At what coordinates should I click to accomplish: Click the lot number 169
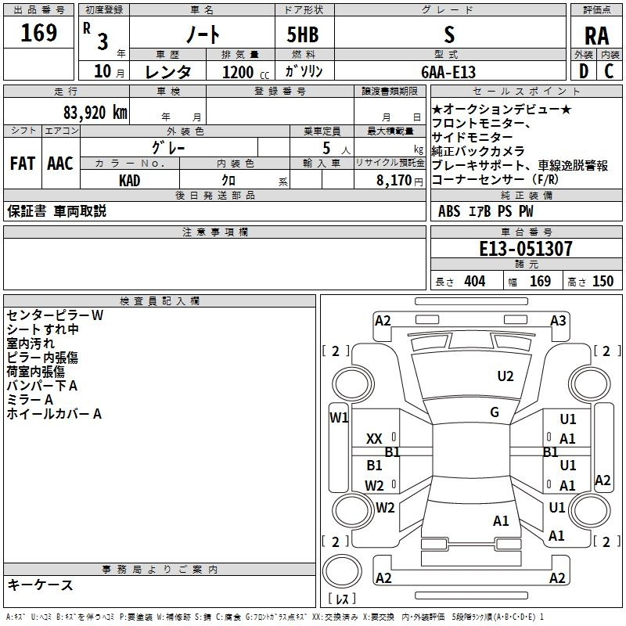click(x=39, y=34)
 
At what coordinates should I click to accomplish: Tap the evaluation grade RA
click(x=596, y=36)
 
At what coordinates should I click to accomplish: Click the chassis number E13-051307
click(x=525, y=249)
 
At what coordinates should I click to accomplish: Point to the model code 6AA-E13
click(x=448, y=72)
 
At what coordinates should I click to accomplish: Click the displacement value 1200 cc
click(x=239, y=72)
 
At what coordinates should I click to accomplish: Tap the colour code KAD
click(x=130, y=181)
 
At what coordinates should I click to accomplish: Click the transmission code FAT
click(x=22, y=164)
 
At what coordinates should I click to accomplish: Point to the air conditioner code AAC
click(x=59, y=164)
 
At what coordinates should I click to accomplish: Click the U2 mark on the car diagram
click(x=505, y=376)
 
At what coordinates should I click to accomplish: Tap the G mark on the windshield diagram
click(x=495, y=412)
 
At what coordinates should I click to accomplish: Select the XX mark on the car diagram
click(x=375, y=439)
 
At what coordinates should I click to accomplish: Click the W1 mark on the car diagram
click(x=339, y=417)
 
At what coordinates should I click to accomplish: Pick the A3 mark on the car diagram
click(x=558, y=321)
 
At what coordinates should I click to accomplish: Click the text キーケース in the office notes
click(x=40, y=585)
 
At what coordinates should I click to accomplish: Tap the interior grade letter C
click(x=609, y=71)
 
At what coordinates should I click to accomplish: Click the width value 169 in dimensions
click(x=540, y=281)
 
